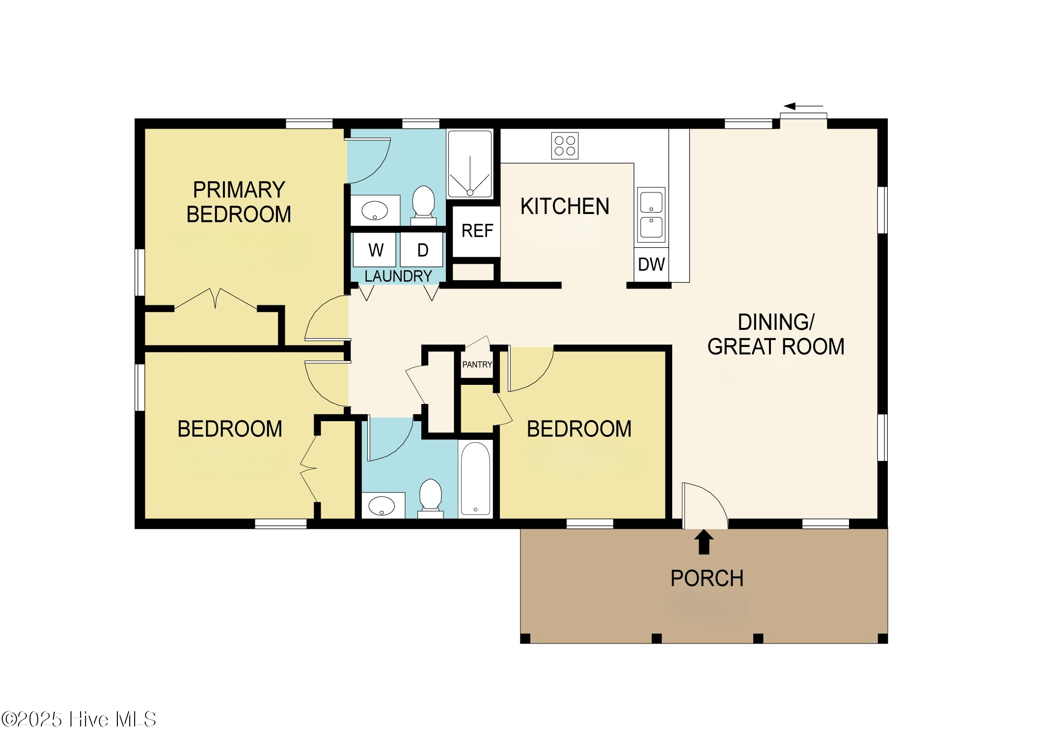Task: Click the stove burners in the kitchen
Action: click(565, 146)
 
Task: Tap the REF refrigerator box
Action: click(476, 231)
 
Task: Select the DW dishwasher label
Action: click(651, 265)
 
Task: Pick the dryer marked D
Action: click(422, 250)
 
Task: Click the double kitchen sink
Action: click(651, 215)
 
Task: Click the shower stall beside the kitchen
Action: click(469, 163)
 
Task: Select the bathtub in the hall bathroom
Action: click(475, 479)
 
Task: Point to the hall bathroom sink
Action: click(383, 506)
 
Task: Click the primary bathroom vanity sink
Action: click(375, 211)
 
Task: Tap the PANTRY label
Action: click(477, 365)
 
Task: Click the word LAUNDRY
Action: click(398, 276)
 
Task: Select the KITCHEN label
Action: click(565, 207)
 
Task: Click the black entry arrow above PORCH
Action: click(704, 542)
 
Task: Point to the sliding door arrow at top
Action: click(803, 106)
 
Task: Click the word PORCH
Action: click(707, 578)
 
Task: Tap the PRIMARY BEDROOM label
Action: click(239, 202)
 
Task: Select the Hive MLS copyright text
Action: click(79, 720)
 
